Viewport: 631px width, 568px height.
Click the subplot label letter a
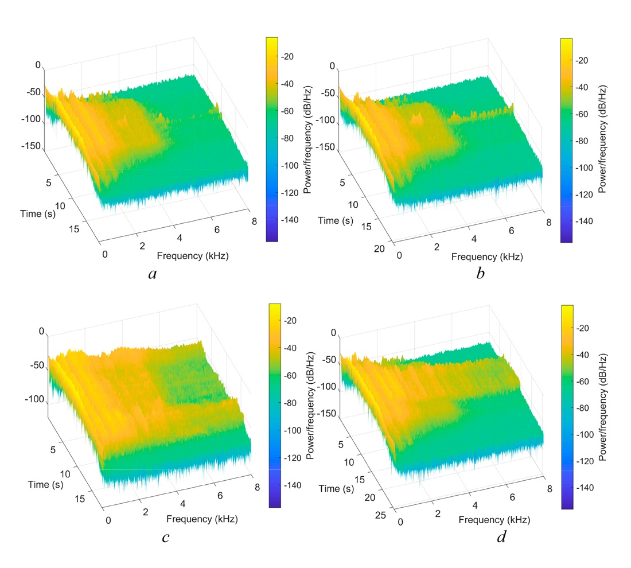152,274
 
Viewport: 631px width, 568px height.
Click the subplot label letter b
481,274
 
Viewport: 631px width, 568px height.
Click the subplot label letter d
500,538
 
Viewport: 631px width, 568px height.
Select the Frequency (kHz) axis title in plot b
487,257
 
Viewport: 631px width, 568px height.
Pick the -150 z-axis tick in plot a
33,146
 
